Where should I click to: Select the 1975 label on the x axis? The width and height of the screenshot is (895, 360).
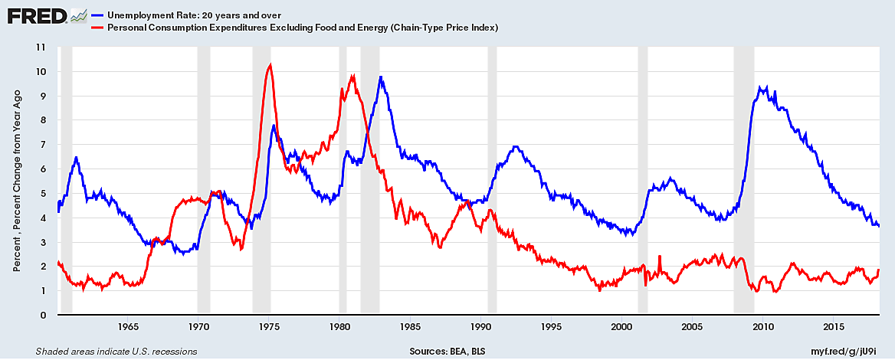click(x=269, y=328)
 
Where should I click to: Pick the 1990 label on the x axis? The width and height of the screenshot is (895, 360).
click(x=480, y=328)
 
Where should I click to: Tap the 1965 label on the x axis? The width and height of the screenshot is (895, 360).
click(x=128, y=328)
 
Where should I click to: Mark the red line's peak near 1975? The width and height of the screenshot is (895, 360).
click(x=269, y=65)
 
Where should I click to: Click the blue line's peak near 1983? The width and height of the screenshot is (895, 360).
click(x=381, y=77)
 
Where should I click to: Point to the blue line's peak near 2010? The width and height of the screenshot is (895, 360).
click(x=760, y=87)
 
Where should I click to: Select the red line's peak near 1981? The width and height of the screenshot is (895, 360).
click(x=352, y=75)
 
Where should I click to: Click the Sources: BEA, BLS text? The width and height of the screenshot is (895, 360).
click(x=447, y=352)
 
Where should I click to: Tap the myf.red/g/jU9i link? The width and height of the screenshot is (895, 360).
click(x=851, y=352)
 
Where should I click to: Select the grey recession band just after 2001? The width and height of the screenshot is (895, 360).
click(x=643, y=180)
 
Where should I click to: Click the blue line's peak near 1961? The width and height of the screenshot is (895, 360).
click(x=76, y=157)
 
